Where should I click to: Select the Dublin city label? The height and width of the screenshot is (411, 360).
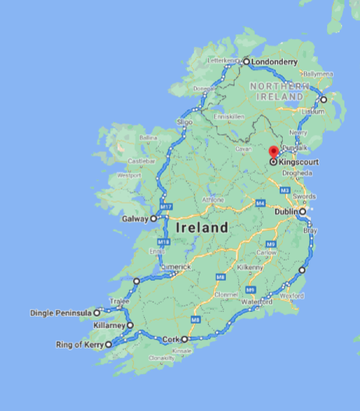(x=289, y=211)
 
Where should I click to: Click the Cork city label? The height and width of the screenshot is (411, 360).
(x=171, y=339)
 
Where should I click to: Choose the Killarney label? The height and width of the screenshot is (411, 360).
(x=108, y=325)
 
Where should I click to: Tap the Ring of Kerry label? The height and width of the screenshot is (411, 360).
(x=79, y=345)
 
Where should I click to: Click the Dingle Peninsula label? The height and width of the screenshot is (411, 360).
(x=61, y=313)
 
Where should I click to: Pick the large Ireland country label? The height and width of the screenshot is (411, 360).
(x=202, y=229)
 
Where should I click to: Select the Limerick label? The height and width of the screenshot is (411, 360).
(x=176, y=266)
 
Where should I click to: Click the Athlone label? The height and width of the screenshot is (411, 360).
(x=214, y=199)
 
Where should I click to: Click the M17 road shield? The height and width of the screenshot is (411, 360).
(x=165, y=206)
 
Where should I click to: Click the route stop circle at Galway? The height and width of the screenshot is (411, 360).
(x=154, y=219)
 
